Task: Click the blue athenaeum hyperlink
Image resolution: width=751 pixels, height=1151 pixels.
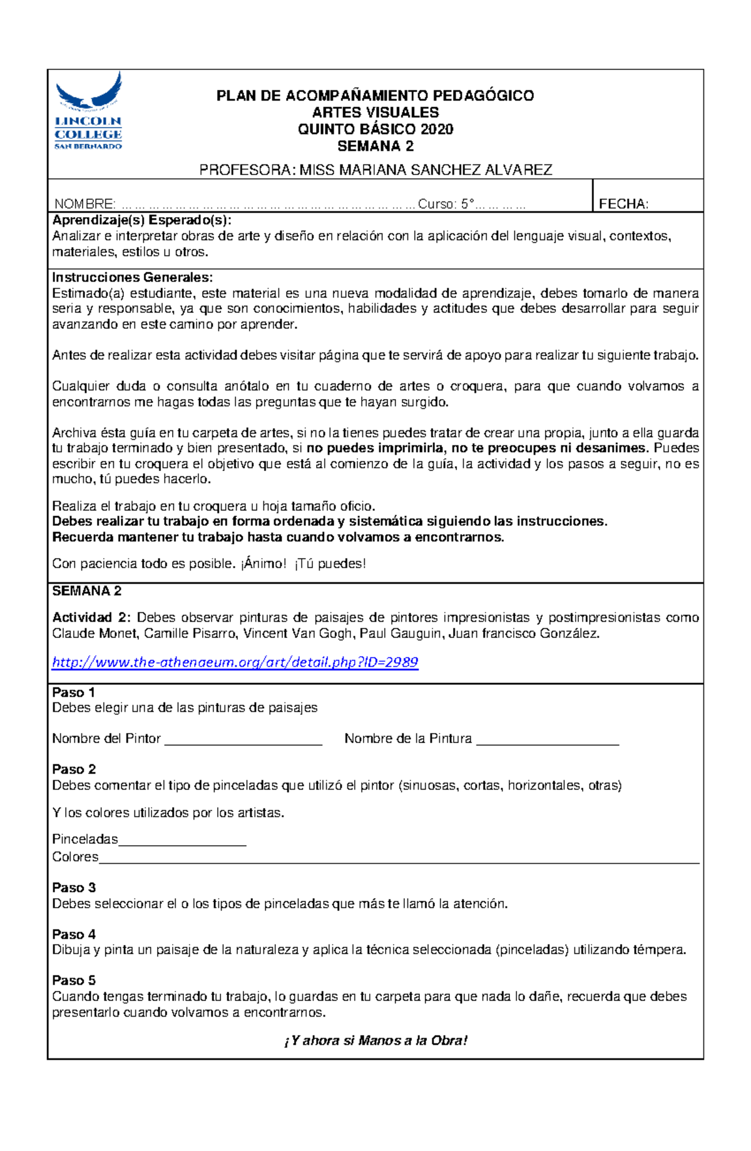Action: point(235,662)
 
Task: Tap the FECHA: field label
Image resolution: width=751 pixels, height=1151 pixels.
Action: point(623,204)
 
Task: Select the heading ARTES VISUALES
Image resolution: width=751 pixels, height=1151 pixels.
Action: point(375,113)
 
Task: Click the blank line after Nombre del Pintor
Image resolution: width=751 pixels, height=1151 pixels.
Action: point(243,741)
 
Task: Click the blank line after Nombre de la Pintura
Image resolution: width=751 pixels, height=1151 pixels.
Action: point(548,741)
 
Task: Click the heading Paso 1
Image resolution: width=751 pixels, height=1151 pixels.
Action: point(73,692)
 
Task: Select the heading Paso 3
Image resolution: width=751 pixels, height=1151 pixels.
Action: point(74,888)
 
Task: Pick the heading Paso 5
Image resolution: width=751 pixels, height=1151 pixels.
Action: point(74,980)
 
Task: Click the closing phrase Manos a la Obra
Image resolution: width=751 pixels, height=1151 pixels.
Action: point(412,1040)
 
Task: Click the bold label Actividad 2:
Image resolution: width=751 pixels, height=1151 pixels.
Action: point(91,617)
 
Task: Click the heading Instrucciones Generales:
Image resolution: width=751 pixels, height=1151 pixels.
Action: point(132,277)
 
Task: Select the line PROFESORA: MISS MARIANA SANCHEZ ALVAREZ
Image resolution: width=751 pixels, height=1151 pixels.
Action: point(375,170)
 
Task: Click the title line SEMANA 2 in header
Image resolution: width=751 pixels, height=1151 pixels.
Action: point(375,146)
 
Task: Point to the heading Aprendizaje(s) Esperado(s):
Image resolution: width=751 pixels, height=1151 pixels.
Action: point(141,220)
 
